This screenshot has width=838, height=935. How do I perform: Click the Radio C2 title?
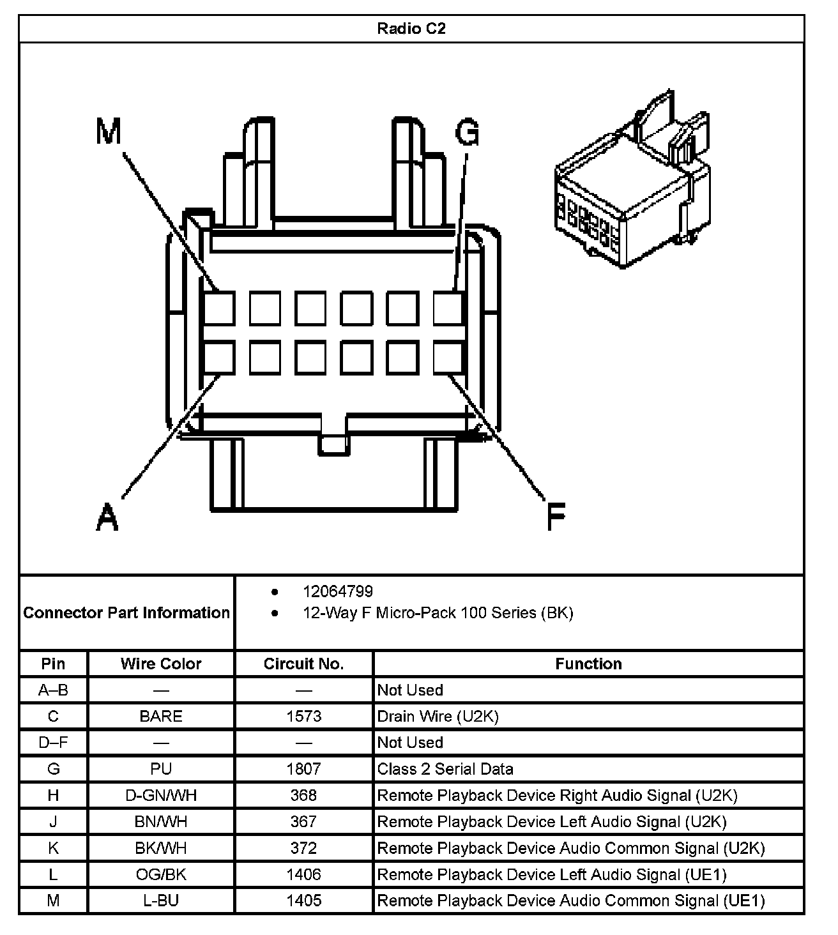pyautogui.click(x=411, y=29)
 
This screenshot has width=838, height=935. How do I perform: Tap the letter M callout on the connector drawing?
pyautogui.click(x=108, y=132)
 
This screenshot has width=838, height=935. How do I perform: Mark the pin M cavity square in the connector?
pyautogui.click(x=218, y=308)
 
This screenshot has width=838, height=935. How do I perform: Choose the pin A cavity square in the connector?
pyautogui.click(x=218, y=357)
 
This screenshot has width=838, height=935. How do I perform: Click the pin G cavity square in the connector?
pyautogui.click(x=448, y=308)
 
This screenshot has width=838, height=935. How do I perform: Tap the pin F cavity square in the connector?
pyautogui.click(x=448, y=357)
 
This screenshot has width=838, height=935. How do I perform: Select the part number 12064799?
pyautogui.click(x=338, y=591)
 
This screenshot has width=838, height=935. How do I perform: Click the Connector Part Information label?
pyautogui.click(x=126, y=613)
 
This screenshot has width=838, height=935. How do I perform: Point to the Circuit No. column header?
pyautogui.click(x=303, y=664)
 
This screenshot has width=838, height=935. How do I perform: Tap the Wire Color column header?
pyautogui.click(x=161, y=664)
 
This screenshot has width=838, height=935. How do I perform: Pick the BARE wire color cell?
pyautogui.click(x=161, y=717)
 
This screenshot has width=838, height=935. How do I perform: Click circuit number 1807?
pyautogui.click(x=303, y=769)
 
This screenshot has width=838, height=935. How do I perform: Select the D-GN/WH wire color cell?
pyautogui.click(x=161, y=795)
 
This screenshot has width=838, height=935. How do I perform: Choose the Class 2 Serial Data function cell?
pyautogui.click(x=445, y=769)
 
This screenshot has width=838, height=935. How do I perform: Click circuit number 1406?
pyautogui.click(x=303, y=874)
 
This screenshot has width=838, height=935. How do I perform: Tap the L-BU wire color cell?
pyautogui.click(x=161, y=901)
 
